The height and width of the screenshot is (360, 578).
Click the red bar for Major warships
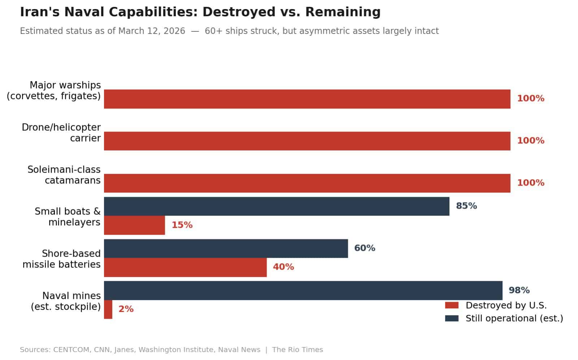(x=307, y=99)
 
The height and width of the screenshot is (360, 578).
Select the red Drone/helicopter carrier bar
(x=307, y=141)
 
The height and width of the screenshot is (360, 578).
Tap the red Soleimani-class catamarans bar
(x=307, y=183)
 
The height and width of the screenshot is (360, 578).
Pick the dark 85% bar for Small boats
(x=277, y=206)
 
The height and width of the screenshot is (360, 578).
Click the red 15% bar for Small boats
(x=134, y=225)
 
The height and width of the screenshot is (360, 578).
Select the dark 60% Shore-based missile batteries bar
(x=226, y=248)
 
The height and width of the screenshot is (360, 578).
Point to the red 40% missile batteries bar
(x=185, y=268)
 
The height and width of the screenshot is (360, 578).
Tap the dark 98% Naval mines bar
(x=303, y=290)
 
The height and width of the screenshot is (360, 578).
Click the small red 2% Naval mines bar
(x=108, y=309)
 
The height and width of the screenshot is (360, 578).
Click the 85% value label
(x=466, y=206)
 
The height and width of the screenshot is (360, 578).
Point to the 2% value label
(x=126, y=309)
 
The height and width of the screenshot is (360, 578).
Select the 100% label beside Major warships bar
(x=531, y=98)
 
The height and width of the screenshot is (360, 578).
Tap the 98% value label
(x=519, y=290)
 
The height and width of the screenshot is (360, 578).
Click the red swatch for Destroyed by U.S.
(x=452, y=305)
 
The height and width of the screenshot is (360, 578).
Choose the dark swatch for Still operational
(x=452, y=318)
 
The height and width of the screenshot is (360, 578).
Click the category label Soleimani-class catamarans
(x=64, y=175)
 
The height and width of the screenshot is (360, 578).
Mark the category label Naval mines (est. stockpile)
(x=66, y=301)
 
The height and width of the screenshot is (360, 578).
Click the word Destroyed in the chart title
(x=239, y=12)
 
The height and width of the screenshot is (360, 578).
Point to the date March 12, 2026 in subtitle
(x=151, y=31)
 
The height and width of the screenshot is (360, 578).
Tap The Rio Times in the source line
(x=298, y=350)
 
